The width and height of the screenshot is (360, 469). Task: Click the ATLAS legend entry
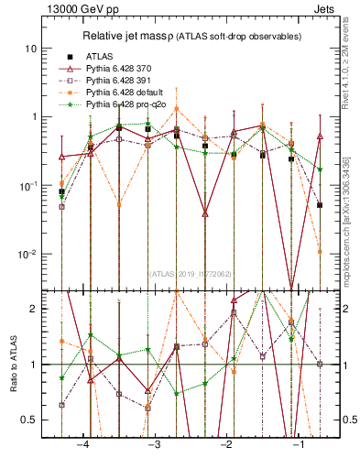(x=99, y=57)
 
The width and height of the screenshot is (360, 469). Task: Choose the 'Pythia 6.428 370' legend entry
(x=124, y=70)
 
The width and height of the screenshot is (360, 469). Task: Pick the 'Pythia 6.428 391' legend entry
(x=124, y=82)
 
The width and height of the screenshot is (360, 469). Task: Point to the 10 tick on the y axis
(x=32, y=48)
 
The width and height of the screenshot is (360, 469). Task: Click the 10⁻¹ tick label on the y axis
(x=29, y=185)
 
